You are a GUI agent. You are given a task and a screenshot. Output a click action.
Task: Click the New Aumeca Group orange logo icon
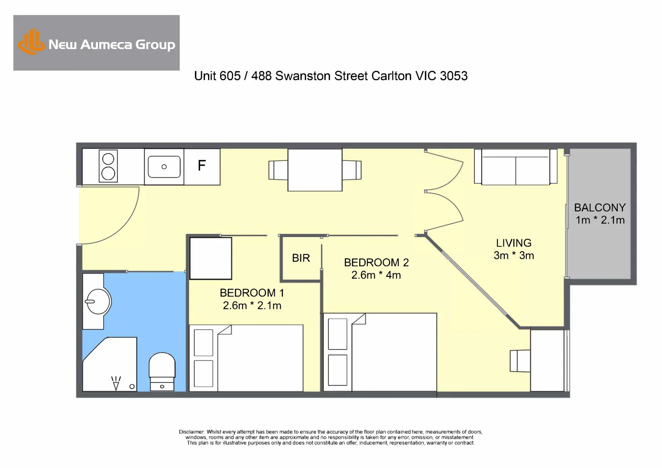(x=31, y=42)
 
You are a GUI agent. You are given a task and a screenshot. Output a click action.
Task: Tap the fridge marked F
(x=202, y=166)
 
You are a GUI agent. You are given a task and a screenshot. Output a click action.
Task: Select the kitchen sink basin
(x=164, y=167)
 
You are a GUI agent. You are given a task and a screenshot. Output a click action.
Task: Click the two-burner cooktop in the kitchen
(x=108, y=166)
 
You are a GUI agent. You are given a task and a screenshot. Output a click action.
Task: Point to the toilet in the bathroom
(x=162, y=371)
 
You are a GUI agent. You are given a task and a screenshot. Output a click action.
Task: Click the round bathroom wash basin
(x=97, y=301)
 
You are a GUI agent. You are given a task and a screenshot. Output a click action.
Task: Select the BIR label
(x=301, y=258)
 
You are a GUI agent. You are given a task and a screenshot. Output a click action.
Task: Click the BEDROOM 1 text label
(x=252, y=293)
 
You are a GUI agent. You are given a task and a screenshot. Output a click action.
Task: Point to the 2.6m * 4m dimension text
(x=376, y=275)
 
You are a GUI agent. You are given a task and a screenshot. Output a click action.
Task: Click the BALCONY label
(x=600, y=208)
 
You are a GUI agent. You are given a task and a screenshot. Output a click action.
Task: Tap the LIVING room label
(x=513, y=243)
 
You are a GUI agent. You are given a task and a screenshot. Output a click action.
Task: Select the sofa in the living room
(x=515, y=167)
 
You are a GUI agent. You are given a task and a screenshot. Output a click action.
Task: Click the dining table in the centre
(x=315, y=169)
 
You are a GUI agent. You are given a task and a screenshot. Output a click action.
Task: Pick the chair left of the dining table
(x=278, y=170)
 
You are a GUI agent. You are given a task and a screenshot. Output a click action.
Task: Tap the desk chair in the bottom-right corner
(x=519, y=361)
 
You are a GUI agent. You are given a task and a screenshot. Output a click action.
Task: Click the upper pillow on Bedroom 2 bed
(x=337, y=334)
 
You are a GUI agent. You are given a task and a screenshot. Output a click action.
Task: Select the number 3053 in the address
(x=454, y=76)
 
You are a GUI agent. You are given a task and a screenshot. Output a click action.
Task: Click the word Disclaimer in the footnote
(x=191, y=432)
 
